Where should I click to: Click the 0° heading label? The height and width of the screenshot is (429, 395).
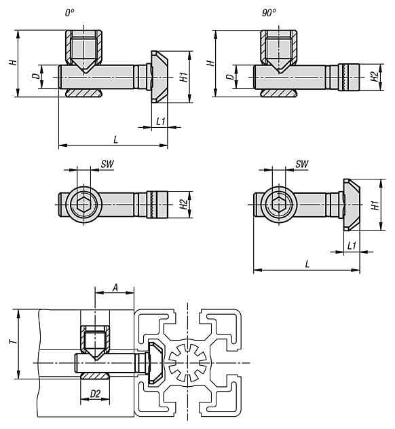(70, 13)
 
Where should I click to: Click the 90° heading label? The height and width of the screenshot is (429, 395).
(269, 13)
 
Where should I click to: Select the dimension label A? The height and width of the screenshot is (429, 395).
(115, 288)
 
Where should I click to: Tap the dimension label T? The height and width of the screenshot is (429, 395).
(13, 341)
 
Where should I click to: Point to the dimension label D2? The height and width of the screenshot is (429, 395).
(95, 394)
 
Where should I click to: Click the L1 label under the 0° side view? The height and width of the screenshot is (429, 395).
(161, 122)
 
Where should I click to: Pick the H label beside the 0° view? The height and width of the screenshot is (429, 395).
(13, 63)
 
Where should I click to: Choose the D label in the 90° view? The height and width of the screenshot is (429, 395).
(231, 77)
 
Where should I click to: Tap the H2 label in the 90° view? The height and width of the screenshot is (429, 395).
(375, 77)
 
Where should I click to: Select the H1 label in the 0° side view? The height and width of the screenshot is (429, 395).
(184, 77)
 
